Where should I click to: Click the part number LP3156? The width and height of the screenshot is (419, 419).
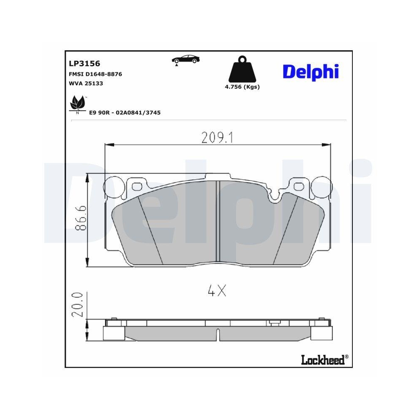point(84,64)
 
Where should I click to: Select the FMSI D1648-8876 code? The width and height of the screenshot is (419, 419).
point(95,74)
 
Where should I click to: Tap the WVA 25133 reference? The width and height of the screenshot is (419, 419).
point(85,83)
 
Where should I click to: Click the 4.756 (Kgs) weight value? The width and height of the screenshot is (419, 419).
point(242,87)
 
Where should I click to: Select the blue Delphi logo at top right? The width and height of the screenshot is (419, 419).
point(310,72)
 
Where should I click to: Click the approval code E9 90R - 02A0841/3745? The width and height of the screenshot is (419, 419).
point(125,113)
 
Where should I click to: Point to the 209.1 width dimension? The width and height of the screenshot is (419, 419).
point(217,137)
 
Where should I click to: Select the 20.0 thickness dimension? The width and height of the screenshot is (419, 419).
point(80,305)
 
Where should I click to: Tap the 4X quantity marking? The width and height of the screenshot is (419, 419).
point(217,291)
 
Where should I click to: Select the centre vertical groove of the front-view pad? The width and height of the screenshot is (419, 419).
point(217,222)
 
